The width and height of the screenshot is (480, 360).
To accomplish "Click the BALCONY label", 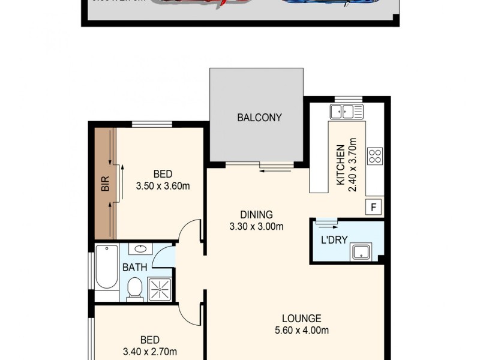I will point(259,118).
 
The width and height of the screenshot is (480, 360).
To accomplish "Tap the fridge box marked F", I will point(374,208).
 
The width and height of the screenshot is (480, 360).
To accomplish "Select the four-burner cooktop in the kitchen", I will point(376,156).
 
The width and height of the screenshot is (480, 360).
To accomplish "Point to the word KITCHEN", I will point(340,165).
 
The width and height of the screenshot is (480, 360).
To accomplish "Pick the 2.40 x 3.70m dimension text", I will point(353,165).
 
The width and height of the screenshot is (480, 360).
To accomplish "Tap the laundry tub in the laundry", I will point(362,252).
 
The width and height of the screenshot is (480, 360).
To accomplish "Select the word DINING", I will point(256,214).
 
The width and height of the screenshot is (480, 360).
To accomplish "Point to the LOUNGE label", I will point(302,319).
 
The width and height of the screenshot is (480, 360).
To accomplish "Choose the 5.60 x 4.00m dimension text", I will point(302,331).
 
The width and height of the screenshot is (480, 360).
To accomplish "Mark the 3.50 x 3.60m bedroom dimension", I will point(163,185).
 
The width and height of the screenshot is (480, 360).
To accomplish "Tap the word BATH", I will point(134,268).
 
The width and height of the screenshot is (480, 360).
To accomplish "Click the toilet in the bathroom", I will point(134,289).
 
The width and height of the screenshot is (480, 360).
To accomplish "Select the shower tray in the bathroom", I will point(160,289).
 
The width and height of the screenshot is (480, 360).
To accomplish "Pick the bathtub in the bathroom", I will point(106,273).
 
